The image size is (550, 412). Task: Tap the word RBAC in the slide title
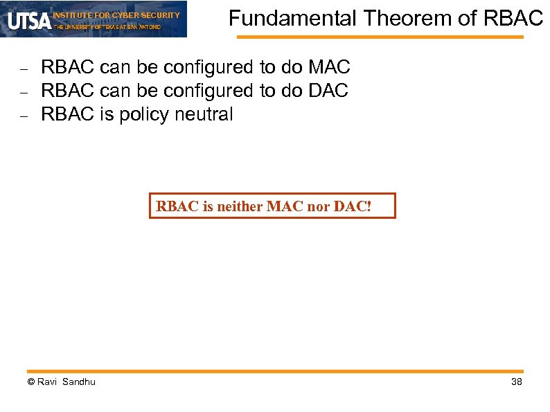(515, 19)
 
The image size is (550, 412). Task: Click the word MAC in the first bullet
(329, 68)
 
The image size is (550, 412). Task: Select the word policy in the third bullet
(144, 114)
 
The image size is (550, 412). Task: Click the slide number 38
(516, 382)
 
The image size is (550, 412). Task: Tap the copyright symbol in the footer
(30, 382)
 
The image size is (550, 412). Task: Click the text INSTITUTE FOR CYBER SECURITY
(116, 15)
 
